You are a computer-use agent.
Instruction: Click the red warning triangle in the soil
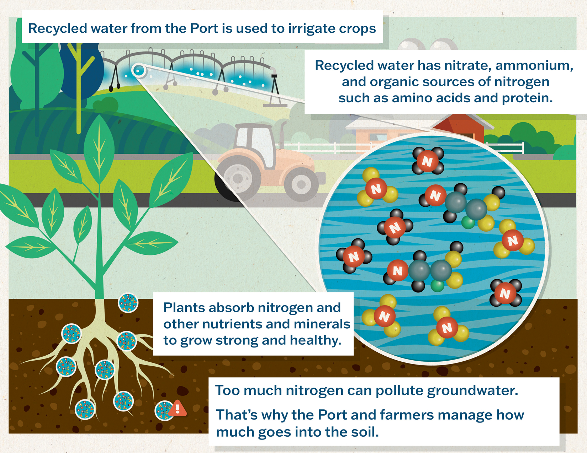[178, 408]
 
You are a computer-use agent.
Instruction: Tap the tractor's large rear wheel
[238, 178]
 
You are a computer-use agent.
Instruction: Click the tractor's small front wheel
[301, 184]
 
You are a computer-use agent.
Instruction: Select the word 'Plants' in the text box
[183, 308]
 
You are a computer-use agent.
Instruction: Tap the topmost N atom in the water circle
[427, 161]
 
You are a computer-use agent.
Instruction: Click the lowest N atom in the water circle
[447, 328]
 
